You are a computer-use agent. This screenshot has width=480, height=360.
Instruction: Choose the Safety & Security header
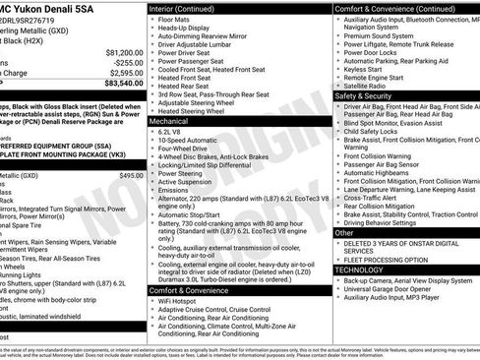click(366, 96)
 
